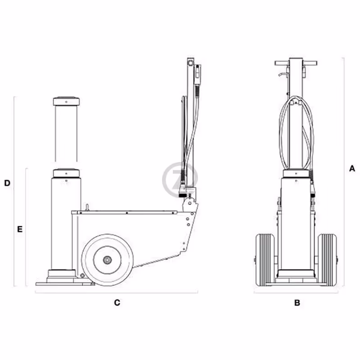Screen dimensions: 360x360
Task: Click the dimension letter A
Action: (x=352, y=168)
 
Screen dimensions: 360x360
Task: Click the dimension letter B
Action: (x=297, y=303)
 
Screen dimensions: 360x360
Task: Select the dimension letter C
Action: (x=117, y=303)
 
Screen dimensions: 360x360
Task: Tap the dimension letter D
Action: (x=7, y=183)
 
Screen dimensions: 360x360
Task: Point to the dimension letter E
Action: (x=19, y=229)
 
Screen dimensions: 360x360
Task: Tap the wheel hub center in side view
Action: (x=108, y=260)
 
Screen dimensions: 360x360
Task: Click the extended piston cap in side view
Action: (x=66, y=101)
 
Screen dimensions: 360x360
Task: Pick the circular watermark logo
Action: (x=180, y=180)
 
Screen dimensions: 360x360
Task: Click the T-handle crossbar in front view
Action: (x=296, y=63)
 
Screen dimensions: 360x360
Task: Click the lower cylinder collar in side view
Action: (x=66, y=173)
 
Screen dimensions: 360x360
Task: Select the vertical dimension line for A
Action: (x=343, y=171)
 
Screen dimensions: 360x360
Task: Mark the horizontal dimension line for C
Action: (x=117, y=292)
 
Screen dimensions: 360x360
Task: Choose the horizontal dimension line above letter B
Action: (x=296, y=292)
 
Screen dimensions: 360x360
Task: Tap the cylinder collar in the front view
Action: (x=296, y=174)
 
